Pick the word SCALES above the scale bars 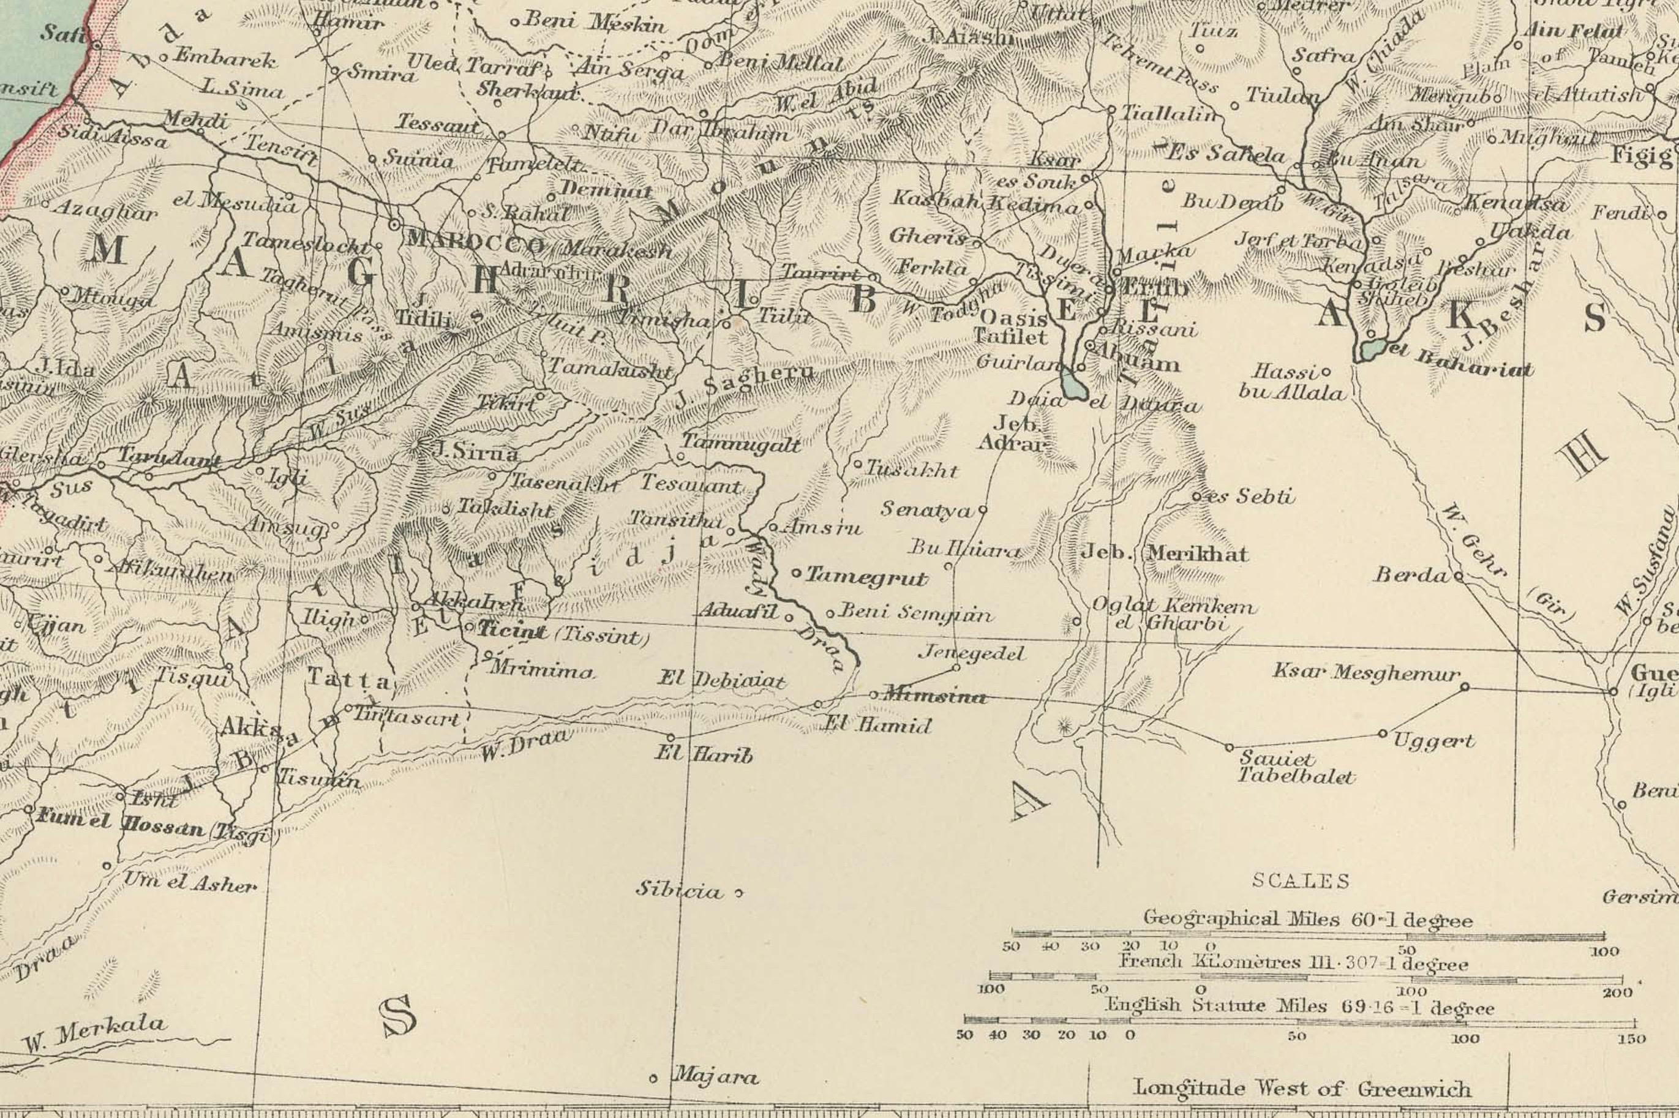1301,881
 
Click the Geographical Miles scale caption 1307,919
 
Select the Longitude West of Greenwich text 1301,1089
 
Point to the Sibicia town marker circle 738,892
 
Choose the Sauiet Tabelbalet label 1294,767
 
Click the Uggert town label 1433,741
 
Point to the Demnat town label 606,190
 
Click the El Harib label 703,755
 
